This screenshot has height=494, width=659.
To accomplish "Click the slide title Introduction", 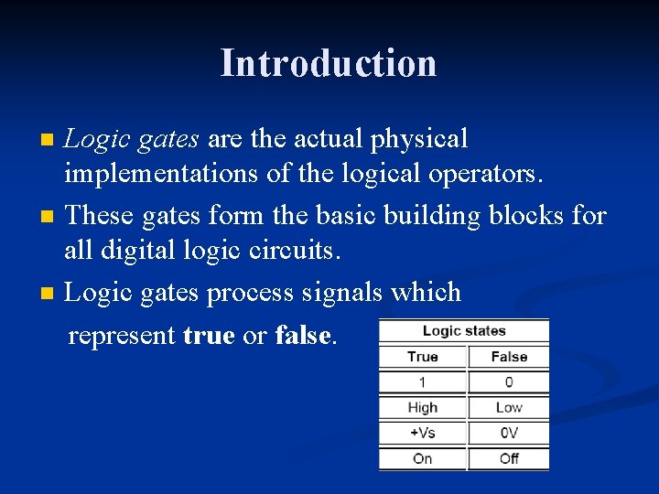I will tap(329, 63).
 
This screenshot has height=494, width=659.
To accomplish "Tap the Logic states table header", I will tap(464, 331).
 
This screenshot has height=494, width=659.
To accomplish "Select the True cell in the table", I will tap(422, 357).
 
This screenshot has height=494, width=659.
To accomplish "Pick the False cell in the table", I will tap(509, 357).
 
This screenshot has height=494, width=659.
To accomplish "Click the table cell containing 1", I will tap(422, 382).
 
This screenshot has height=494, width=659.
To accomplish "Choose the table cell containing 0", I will tap(509, 382).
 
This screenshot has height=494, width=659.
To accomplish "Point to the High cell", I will tap(422, 408).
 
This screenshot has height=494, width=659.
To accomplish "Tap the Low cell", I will tap(509, 408).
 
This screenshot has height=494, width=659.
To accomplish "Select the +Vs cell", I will tap(422, 433).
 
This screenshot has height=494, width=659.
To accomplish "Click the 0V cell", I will tap(509, 433).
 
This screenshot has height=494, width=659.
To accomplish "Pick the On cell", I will tap(422, 458).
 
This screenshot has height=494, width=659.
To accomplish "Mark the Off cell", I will tap(509, 458).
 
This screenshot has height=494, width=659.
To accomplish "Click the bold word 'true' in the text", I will tap(209, 336).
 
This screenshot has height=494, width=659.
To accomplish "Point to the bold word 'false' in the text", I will tap(303, 336).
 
